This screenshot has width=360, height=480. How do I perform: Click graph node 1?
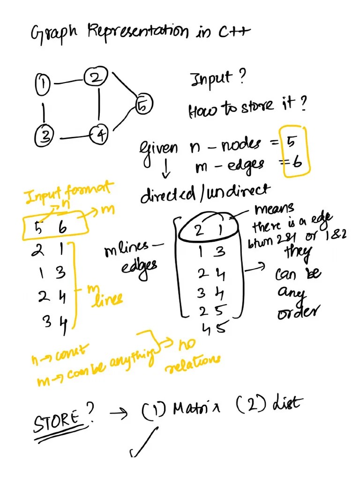coord(43,84)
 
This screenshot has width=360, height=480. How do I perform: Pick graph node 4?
coord(99,135)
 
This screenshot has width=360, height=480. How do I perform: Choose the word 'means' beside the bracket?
coord(275,208)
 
